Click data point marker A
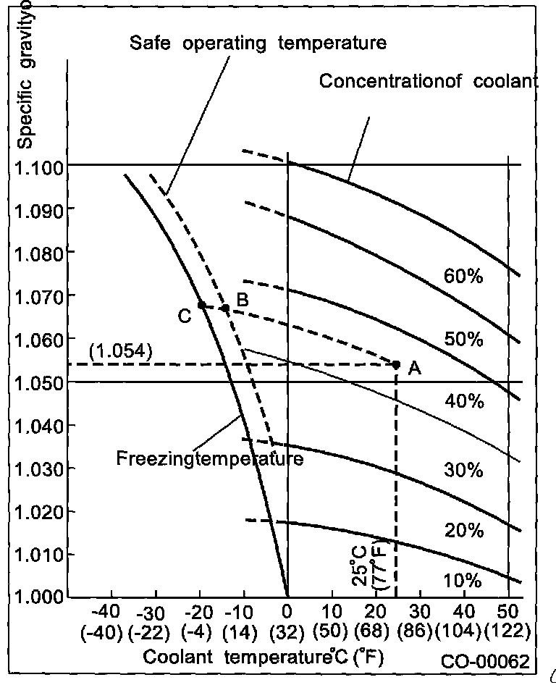pos(396,364)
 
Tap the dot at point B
pos(225,308)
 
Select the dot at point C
pos(201,305)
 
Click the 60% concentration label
pos(463,277)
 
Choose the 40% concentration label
pos(463,400)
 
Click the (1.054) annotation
pos(120,353)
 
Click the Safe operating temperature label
pos(258,43)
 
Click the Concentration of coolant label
pos(429,80)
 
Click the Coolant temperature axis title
pos(262,657)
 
